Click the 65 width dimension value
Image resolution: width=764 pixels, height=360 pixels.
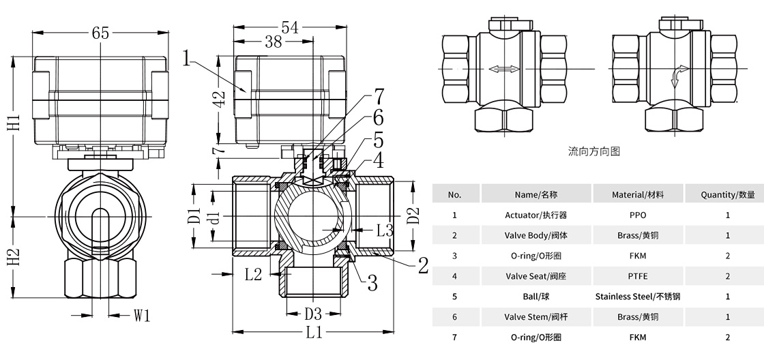100,32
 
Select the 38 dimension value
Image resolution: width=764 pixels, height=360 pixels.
274,42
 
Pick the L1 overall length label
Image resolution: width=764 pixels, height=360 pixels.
314,333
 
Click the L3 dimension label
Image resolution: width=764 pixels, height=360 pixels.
384,230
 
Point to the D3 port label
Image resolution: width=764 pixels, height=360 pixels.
312,314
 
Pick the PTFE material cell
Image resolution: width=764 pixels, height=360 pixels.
638,276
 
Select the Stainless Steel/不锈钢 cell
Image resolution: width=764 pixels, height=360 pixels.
638,297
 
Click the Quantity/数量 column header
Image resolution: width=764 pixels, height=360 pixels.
727,194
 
